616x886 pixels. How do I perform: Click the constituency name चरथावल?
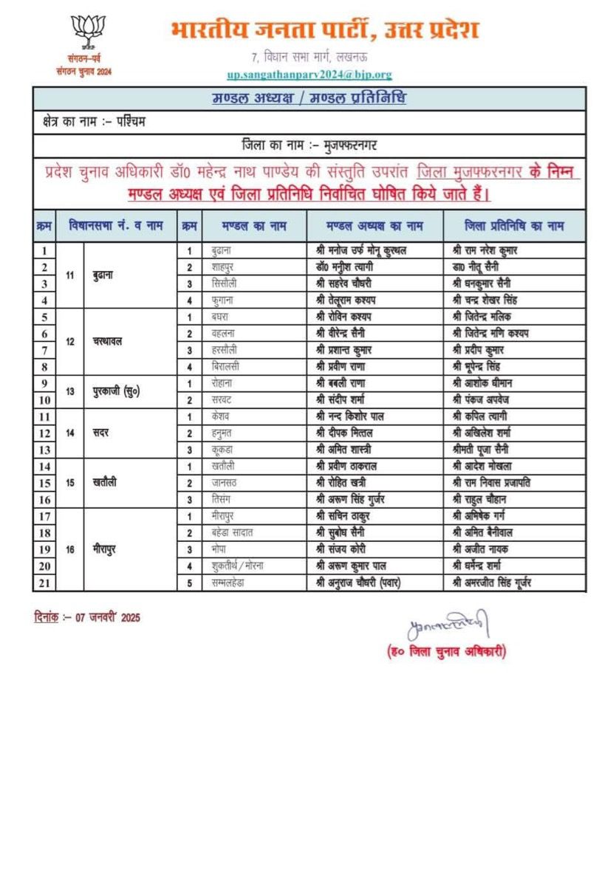(x=108, y=342)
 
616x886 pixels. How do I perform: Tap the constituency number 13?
(x=71, y=391)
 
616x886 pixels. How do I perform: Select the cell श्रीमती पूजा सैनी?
(x=481, y=450)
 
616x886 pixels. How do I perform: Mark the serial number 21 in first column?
(x=44, y=583)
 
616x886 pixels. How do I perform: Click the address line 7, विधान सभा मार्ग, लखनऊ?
(x=309, y=57)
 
